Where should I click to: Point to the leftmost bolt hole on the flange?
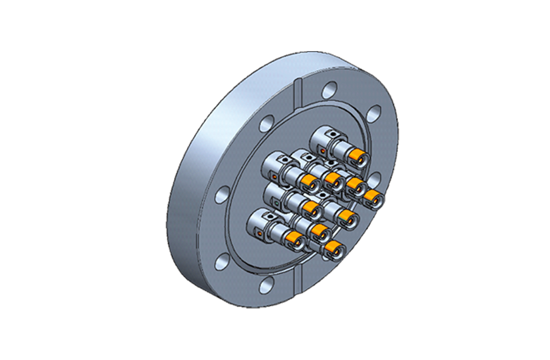pos(223,194)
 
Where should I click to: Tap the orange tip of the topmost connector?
pos(357,154)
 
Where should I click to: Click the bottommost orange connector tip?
pos(333,247)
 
